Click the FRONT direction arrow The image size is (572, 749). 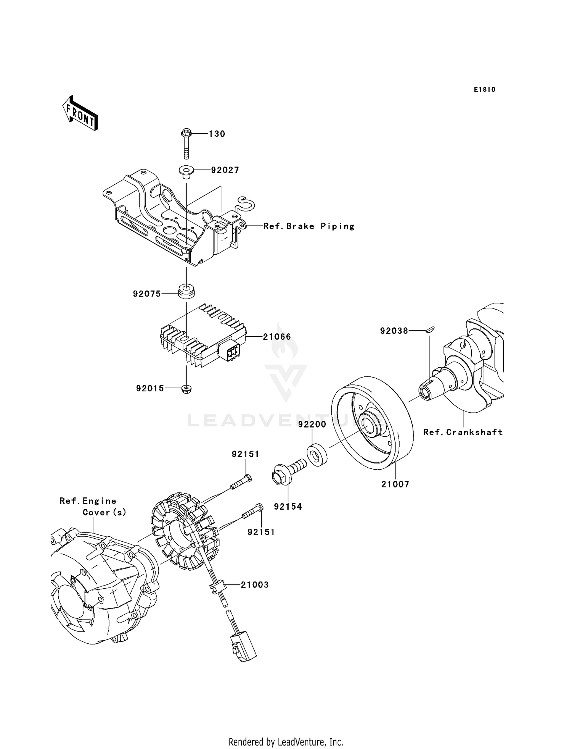(80, 114)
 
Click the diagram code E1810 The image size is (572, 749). (484, 90)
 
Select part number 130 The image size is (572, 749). (217, 134)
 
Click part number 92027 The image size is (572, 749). (225, 170)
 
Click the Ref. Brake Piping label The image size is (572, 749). (309, 226)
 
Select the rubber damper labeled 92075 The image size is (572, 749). (186, 292)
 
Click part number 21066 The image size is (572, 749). (277, 337)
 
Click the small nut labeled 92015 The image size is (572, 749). (186, 389)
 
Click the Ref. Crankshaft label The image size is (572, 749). (463, 432)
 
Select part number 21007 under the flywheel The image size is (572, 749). (395, 484)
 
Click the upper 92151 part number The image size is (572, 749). (245, 454)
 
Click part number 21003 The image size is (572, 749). (254, 584)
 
